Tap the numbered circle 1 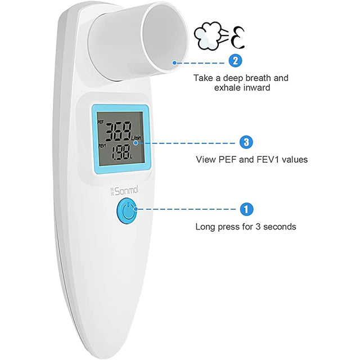pyautogui.click(x=246, y=209)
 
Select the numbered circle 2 pyautogui.click(x=235, y=61)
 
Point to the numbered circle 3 pyautogui.click(x=246, y=142)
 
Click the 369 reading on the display pyautogui.click(x=119, y=132)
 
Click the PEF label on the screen pyautogui.click(x=101, y=122)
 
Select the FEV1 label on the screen pyautogui.click(x=102, y=146)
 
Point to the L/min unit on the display pyautogui.click(x=136, y=138)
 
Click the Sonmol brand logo pyautogui.click(x=124, y=191)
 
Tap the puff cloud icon pyautogui.click(x=206, y=36)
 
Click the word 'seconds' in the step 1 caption pyautogui.click(x=280, y=227)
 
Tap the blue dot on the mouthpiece pyautogui.click(x=174, y=62)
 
